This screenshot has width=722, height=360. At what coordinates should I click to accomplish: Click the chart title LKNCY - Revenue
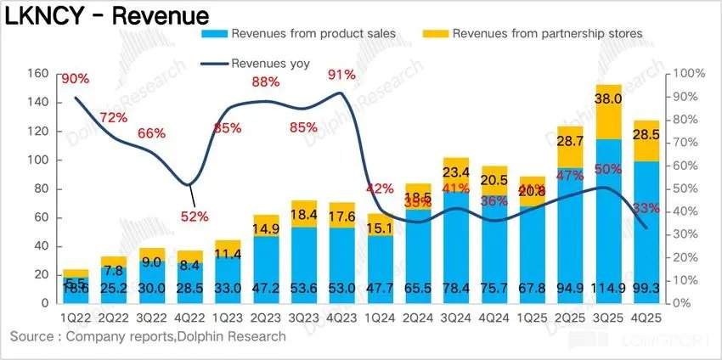tap(106, 14)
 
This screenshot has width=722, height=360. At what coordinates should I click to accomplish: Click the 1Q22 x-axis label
tap(75, 317)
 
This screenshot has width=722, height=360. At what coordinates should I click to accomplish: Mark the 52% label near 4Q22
tap(194, 216)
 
